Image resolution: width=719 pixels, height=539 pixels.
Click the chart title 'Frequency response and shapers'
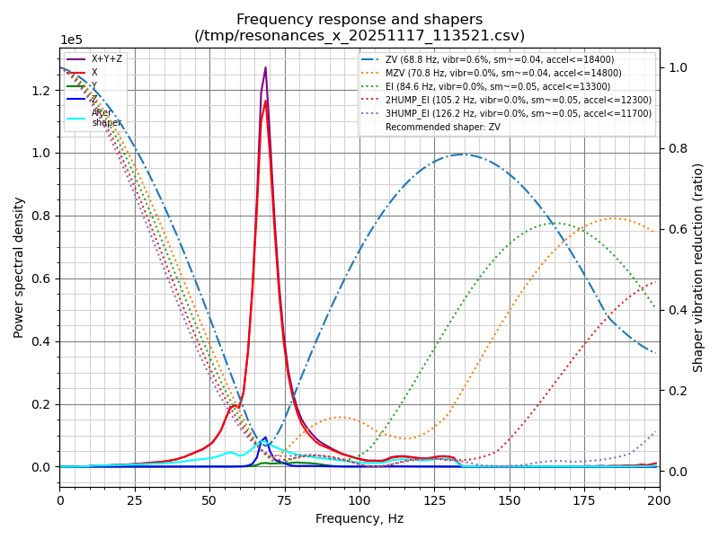(359, 20)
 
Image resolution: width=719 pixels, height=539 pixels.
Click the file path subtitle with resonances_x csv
(359, 36)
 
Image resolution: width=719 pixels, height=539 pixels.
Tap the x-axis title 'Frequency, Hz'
(359, 518)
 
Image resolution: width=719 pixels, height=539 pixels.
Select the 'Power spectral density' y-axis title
(19, 267)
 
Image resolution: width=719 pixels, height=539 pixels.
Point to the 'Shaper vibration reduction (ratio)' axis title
(698, 267)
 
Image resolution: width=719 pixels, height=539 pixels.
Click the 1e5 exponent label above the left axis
(70, 40)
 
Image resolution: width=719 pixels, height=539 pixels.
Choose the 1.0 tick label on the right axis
(679, 67)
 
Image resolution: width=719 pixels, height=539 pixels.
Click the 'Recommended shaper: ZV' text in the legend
(443, 127)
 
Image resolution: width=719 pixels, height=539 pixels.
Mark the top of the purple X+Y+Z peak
(265, 68)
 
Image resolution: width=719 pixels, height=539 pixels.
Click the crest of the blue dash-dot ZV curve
(463, 155)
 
